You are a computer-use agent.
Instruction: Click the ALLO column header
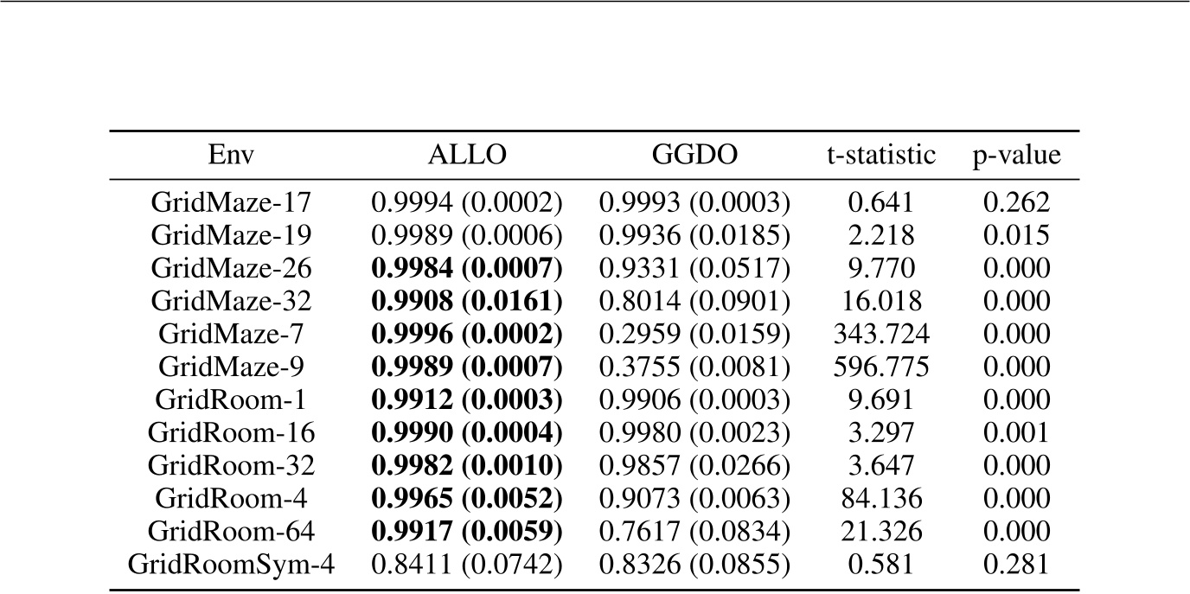pos(467,156)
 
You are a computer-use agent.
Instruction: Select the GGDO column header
pos(694,156)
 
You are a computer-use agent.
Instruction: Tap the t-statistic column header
pos(880,156)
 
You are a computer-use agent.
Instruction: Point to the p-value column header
pos(1016,156)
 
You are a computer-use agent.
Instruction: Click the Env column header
pos(231,156)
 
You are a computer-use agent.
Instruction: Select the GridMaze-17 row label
pos(231,203)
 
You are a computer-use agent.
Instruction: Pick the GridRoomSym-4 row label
pos(231,565)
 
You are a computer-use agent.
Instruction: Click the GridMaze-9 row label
pos(231,367)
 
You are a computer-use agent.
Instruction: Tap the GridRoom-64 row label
pos(231,533)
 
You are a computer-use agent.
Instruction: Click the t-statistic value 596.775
pos(880,367)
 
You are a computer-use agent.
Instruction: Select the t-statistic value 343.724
pos(880,335)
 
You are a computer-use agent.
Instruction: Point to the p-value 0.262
pos(1016,203)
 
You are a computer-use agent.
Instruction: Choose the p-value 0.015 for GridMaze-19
pos(1016,236)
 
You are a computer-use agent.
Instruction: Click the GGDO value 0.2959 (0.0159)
pos(694,335)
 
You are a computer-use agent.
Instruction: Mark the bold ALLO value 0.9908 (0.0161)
pos(467,302)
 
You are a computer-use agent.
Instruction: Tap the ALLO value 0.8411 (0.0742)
pos(467,565)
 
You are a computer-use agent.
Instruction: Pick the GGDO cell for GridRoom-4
pos(694,500)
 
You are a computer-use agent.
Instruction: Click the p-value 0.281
pos(1016,565)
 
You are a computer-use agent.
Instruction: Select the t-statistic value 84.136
pos(880,500)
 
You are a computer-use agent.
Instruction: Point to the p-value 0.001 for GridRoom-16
pos(1016,433)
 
